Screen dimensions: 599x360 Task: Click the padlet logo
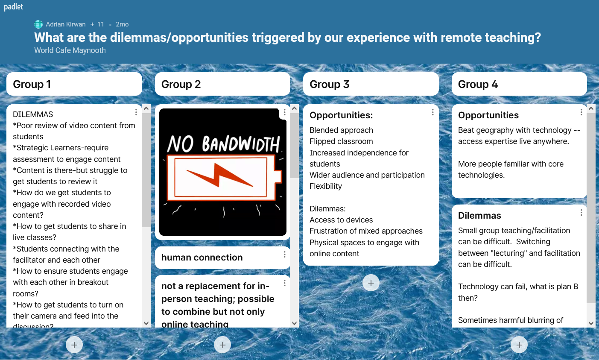[13, 6]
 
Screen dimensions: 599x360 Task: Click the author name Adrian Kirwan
[65, 24]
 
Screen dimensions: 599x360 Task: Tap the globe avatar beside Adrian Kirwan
[38, 24]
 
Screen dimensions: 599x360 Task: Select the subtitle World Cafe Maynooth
[70, 50]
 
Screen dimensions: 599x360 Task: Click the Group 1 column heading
[32, 84]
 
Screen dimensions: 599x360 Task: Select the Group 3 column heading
[330, 84]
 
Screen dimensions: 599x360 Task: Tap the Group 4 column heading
[478, 84]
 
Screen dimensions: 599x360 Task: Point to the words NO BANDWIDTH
[224, 143]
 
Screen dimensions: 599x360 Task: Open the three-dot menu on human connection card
[284, 255]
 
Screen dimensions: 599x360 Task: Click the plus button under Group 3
[371, 283]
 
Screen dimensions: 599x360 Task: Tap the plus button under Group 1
[74, 345]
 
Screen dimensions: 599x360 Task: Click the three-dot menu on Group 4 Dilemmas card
[581, 213]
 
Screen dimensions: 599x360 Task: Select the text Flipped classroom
[341, 141]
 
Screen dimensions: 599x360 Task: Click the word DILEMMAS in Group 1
[33, 114]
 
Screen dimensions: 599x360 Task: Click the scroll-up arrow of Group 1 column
[146, 108]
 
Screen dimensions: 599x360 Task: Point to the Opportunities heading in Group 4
[488, 115]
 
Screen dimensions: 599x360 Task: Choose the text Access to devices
[341, 220]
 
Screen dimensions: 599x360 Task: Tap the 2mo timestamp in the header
[122, 24]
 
